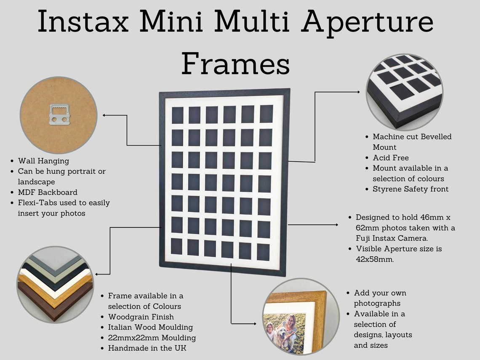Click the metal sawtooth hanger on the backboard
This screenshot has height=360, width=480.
pos(59,115)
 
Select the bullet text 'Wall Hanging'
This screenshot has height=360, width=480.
pos(43,161)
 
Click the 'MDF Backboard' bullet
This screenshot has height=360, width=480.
pos(48,192)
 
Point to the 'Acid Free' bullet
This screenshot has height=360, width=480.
pos(391,157)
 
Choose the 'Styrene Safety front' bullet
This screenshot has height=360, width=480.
pos(411,189)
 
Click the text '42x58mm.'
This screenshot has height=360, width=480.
pos(375,259)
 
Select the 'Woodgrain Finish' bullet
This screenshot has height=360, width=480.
pos(141,317)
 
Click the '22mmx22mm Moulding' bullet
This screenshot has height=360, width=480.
pos(152,338)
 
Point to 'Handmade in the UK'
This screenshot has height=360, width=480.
pos(147,348)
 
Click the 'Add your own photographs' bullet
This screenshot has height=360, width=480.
pos(380,298)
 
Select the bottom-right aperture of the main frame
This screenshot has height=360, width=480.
pos(263,252)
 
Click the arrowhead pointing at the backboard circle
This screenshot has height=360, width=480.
pos(104,115)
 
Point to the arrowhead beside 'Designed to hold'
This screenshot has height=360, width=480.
pos(336,225)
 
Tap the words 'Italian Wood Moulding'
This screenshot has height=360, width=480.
pos(150,327)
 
